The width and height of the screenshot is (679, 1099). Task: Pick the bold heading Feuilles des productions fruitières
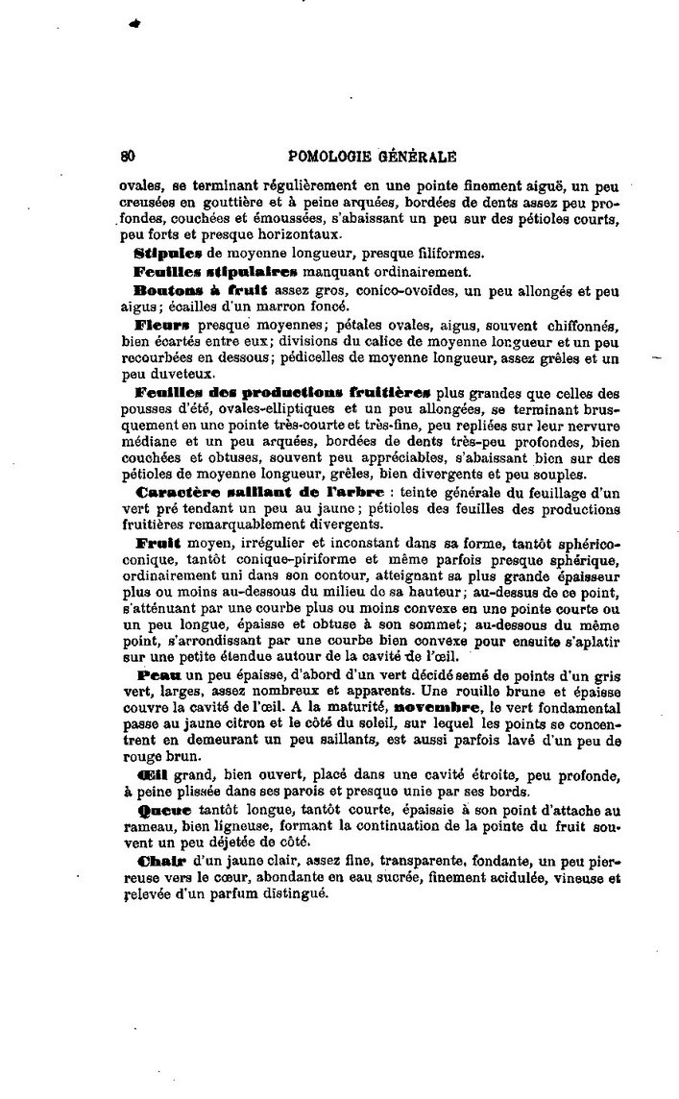coord(284,392)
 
